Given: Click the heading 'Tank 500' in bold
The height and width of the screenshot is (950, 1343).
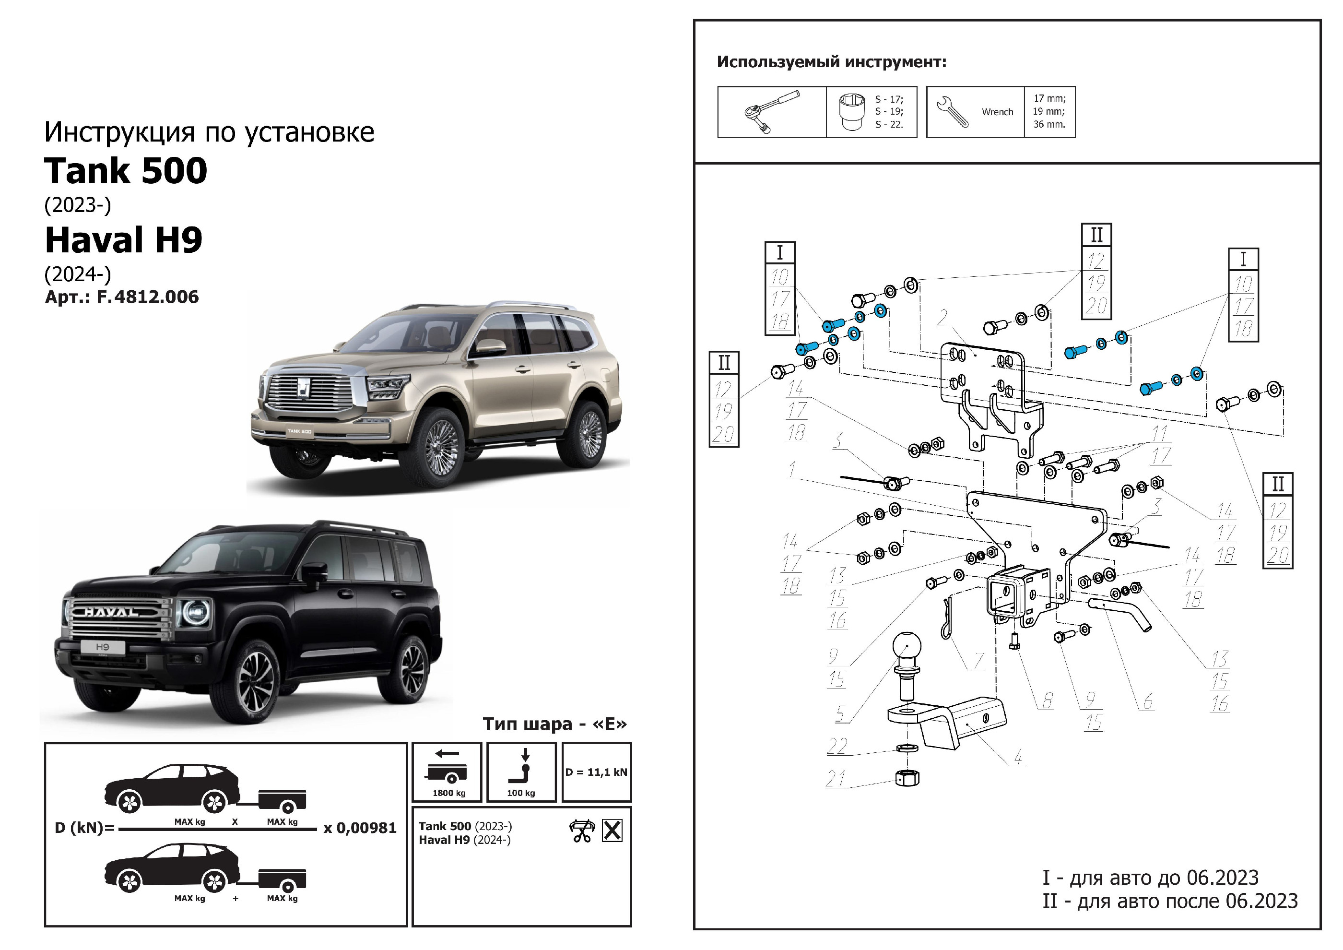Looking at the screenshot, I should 126,171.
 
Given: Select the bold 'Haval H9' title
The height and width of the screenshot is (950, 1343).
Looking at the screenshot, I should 123,240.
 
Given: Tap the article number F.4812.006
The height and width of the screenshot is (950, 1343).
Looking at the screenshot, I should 147,297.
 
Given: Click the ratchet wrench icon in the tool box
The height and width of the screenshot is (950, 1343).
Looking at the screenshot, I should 771,112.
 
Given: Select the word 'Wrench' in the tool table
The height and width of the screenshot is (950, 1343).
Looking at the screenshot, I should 997,112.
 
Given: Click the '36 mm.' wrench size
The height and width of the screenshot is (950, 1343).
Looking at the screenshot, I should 1049,124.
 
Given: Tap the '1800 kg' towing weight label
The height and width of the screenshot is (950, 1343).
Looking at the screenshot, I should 448,793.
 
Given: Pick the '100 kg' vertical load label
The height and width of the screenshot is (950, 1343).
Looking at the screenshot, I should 520,793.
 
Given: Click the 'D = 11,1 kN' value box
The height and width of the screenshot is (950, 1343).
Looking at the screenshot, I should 596,772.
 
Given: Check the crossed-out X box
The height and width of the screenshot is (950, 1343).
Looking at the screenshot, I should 612,831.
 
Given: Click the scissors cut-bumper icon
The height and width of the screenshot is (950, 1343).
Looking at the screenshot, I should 581,831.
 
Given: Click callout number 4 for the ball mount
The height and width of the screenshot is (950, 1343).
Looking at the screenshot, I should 1018,757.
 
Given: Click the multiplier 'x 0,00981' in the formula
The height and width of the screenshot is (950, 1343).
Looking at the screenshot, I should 360,828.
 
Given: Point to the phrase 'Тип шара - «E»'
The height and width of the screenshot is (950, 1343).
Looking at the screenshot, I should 554,724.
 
